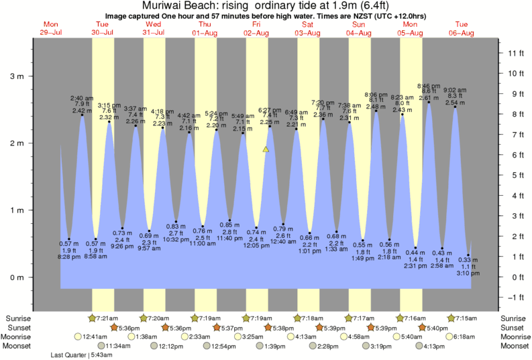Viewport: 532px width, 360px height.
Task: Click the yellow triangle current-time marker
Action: point(266,149)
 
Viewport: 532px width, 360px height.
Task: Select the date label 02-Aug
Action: point(256,33)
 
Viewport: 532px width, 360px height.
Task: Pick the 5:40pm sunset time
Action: point(437,327)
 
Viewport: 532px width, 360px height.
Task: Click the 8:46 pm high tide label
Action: point(429,86)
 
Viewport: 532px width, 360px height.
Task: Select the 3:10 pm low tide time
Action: point(468,274)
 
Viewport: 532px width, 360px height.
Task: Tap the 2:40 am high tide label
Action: point(82,98)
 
